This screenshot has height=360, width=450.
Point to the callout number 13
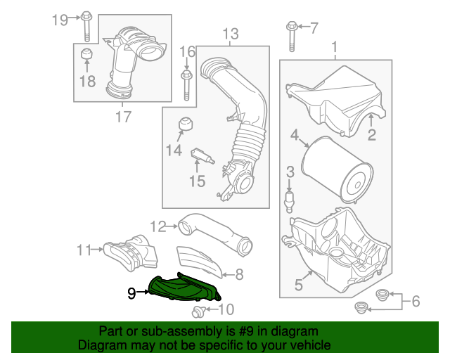pyautogui.click(x=231, y=33)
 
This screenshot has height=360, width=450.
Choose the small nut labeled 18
pyautogui.click(x=86, y=56)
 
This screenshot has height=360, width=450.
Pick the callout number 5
pyautogui.click(x=299, y=285)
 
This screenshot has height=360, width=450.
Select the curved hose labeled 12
pyautogui.click(x=211, y=232)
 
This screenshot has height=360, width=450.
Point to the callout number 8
pyautogui.click(x=239, y=273)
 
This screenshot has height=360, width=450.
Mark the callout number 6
pyautogui.click(x=415, y=302)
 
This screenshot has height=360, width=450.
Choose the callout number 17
pyautogui.click(x=123, y=117)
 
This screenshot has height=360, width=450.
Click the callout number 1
pyautogui.click(x=334, y=47)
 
